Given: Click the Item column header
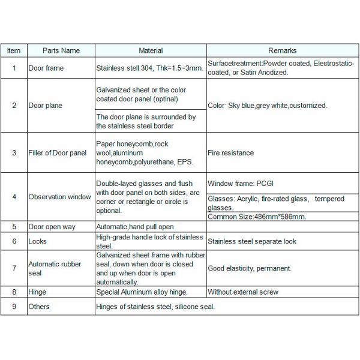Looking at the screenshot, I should tap(14, 51).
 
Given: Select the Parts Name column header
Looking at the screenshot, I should tap(61, 51).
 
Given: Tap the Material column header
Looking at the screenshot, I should tap(151, 51).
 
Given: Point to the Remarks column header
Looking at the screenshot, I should tap(282, 51).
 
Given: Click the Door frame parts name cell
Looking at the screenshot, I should tap(46, 68).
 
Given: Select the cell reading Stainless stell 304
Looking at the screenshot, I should tap(150, 68).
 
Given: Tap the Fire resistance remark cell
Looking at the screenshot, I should tap(231, 153).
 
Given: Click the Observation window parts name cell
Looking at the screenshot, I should tap(60, 196).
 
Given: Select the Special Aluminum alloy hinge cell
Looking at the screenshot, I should tap(142, 292).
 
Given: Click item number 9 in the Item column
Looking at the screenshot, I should tap(14, 307).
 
